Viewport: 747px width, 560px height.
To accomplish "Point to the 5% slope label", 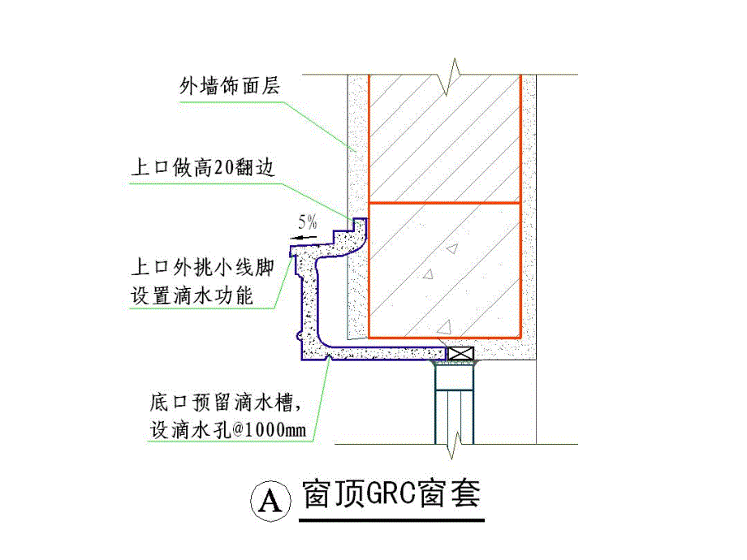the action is [308, 220].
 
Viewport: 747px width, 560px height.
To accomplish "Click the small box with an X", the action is [460, 354].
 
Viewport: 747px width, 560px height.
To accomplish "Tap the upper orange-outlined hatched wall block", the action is [443, 138].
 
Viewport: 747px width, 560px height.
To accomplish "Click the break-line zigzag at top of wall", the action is [449, 75].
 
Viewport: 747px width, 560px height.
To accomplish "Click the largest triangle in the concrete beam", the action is [443, 327].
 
